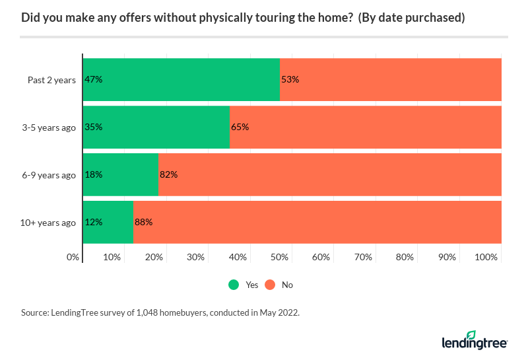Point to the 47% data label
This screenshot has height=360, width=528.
(x=93, y=79)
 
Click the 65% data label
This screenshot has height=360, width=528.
(x=240, y=127)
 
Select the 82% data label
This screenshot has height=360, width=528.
(x=169, y=174)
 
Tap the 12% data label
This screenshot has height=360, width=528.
(x=93, y=222)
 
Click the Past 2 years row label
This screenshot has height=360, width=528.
(x=51, y=80)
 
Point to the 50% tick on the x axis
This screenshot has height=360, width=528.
(x=280, y=256)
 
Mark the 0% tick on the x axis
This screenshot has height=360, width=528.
(x=73, y=256)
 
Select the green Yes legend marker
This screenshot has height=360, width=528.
(x=234, y=285)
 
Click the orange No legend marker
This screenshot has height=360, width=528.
(x=270, y=285)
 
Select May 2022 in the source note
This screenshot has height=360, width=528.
(x=280, y=312)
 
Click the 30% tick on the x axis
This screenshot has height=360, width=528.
(x=196, y=256)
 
